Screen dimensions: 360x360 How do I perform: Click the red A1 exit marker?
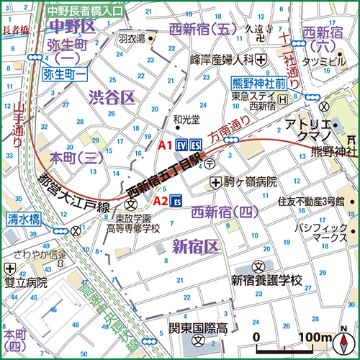pos(164,145)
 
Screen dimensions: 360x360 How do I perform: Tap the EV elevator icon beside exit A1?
pos(181,144)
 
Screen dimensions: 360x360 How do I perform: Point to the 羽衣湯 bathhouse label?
pos(132,38)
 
